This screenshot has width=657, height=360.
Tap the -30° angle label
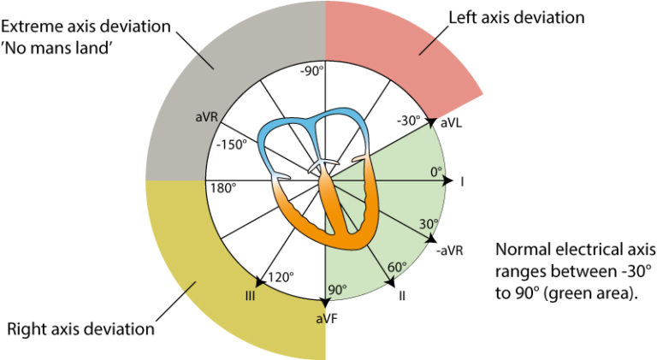(x=410, y=120)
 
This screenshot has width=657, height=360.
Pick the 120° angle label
(x=281, y=277)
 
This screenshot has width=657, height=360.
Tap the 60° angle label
(x=396, y=267)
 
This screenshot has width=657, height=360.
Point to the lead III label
(x=251, y=296)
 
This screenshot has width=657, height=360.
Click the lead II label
(x=402, y=296)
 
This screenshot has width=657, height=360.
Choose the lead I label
(x=461, y=181)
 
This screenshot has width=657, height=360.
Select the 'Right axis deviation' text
(x=80, y=328)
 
